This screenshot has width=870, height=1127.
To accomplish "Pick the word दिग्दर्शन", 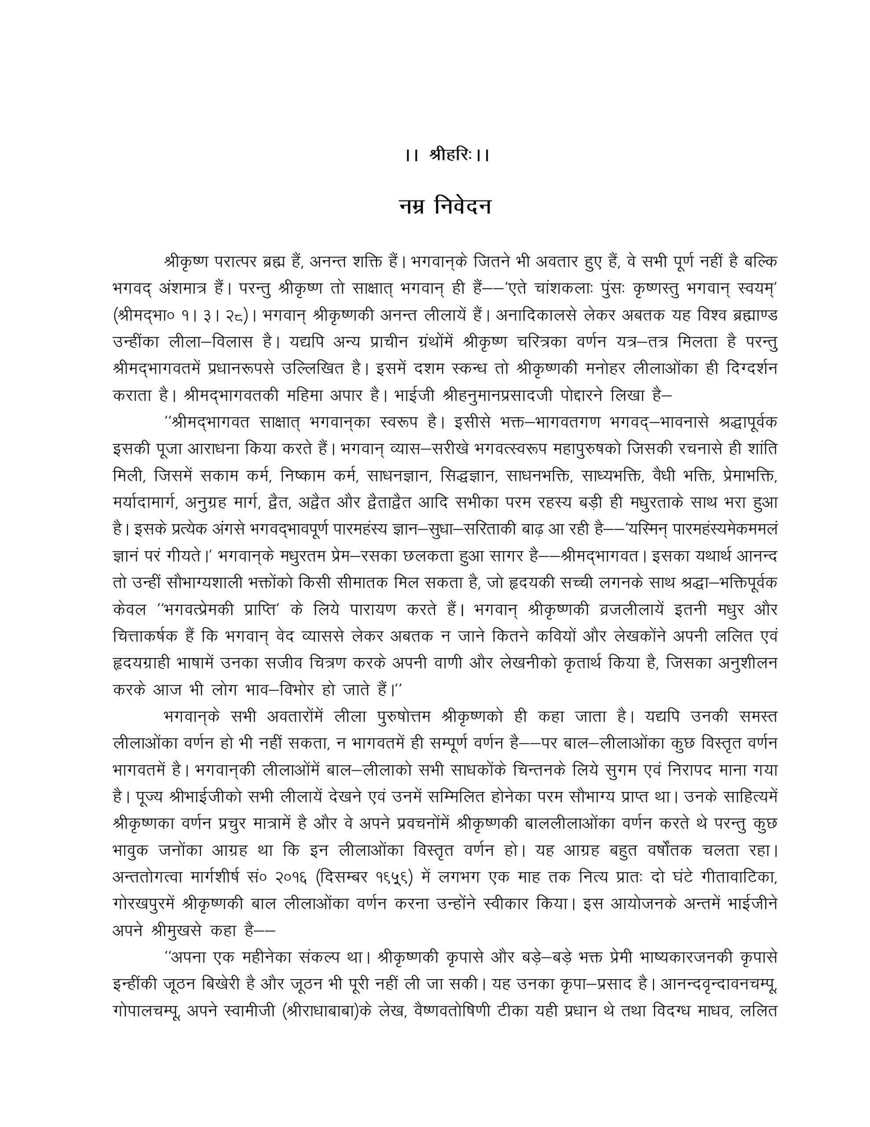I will (744, 369).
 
